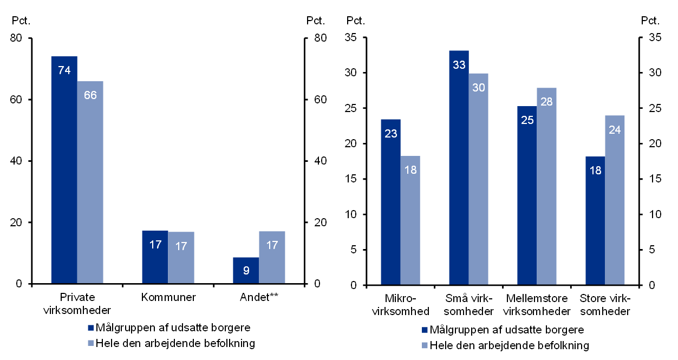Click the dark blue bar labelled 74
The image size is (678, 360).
[64, 170]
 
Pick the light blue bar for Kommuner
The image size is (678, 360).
[181, 258]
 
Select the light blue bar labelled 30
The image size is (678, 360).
[478, 179]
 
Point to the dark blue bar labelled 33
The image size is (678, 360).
[459, 168]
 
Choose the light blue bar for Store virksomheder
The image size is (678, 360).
[615, 200]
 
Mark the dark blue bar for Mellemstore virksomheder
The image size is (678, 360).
[527, 195]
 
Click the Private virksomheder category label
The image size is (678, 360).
[78, 304]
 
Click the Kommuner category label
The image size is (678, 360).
[168, 297]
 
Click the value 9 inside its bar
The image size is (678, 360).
[246, 270]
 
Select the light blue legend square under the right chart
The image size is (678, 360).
[424, 345]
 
